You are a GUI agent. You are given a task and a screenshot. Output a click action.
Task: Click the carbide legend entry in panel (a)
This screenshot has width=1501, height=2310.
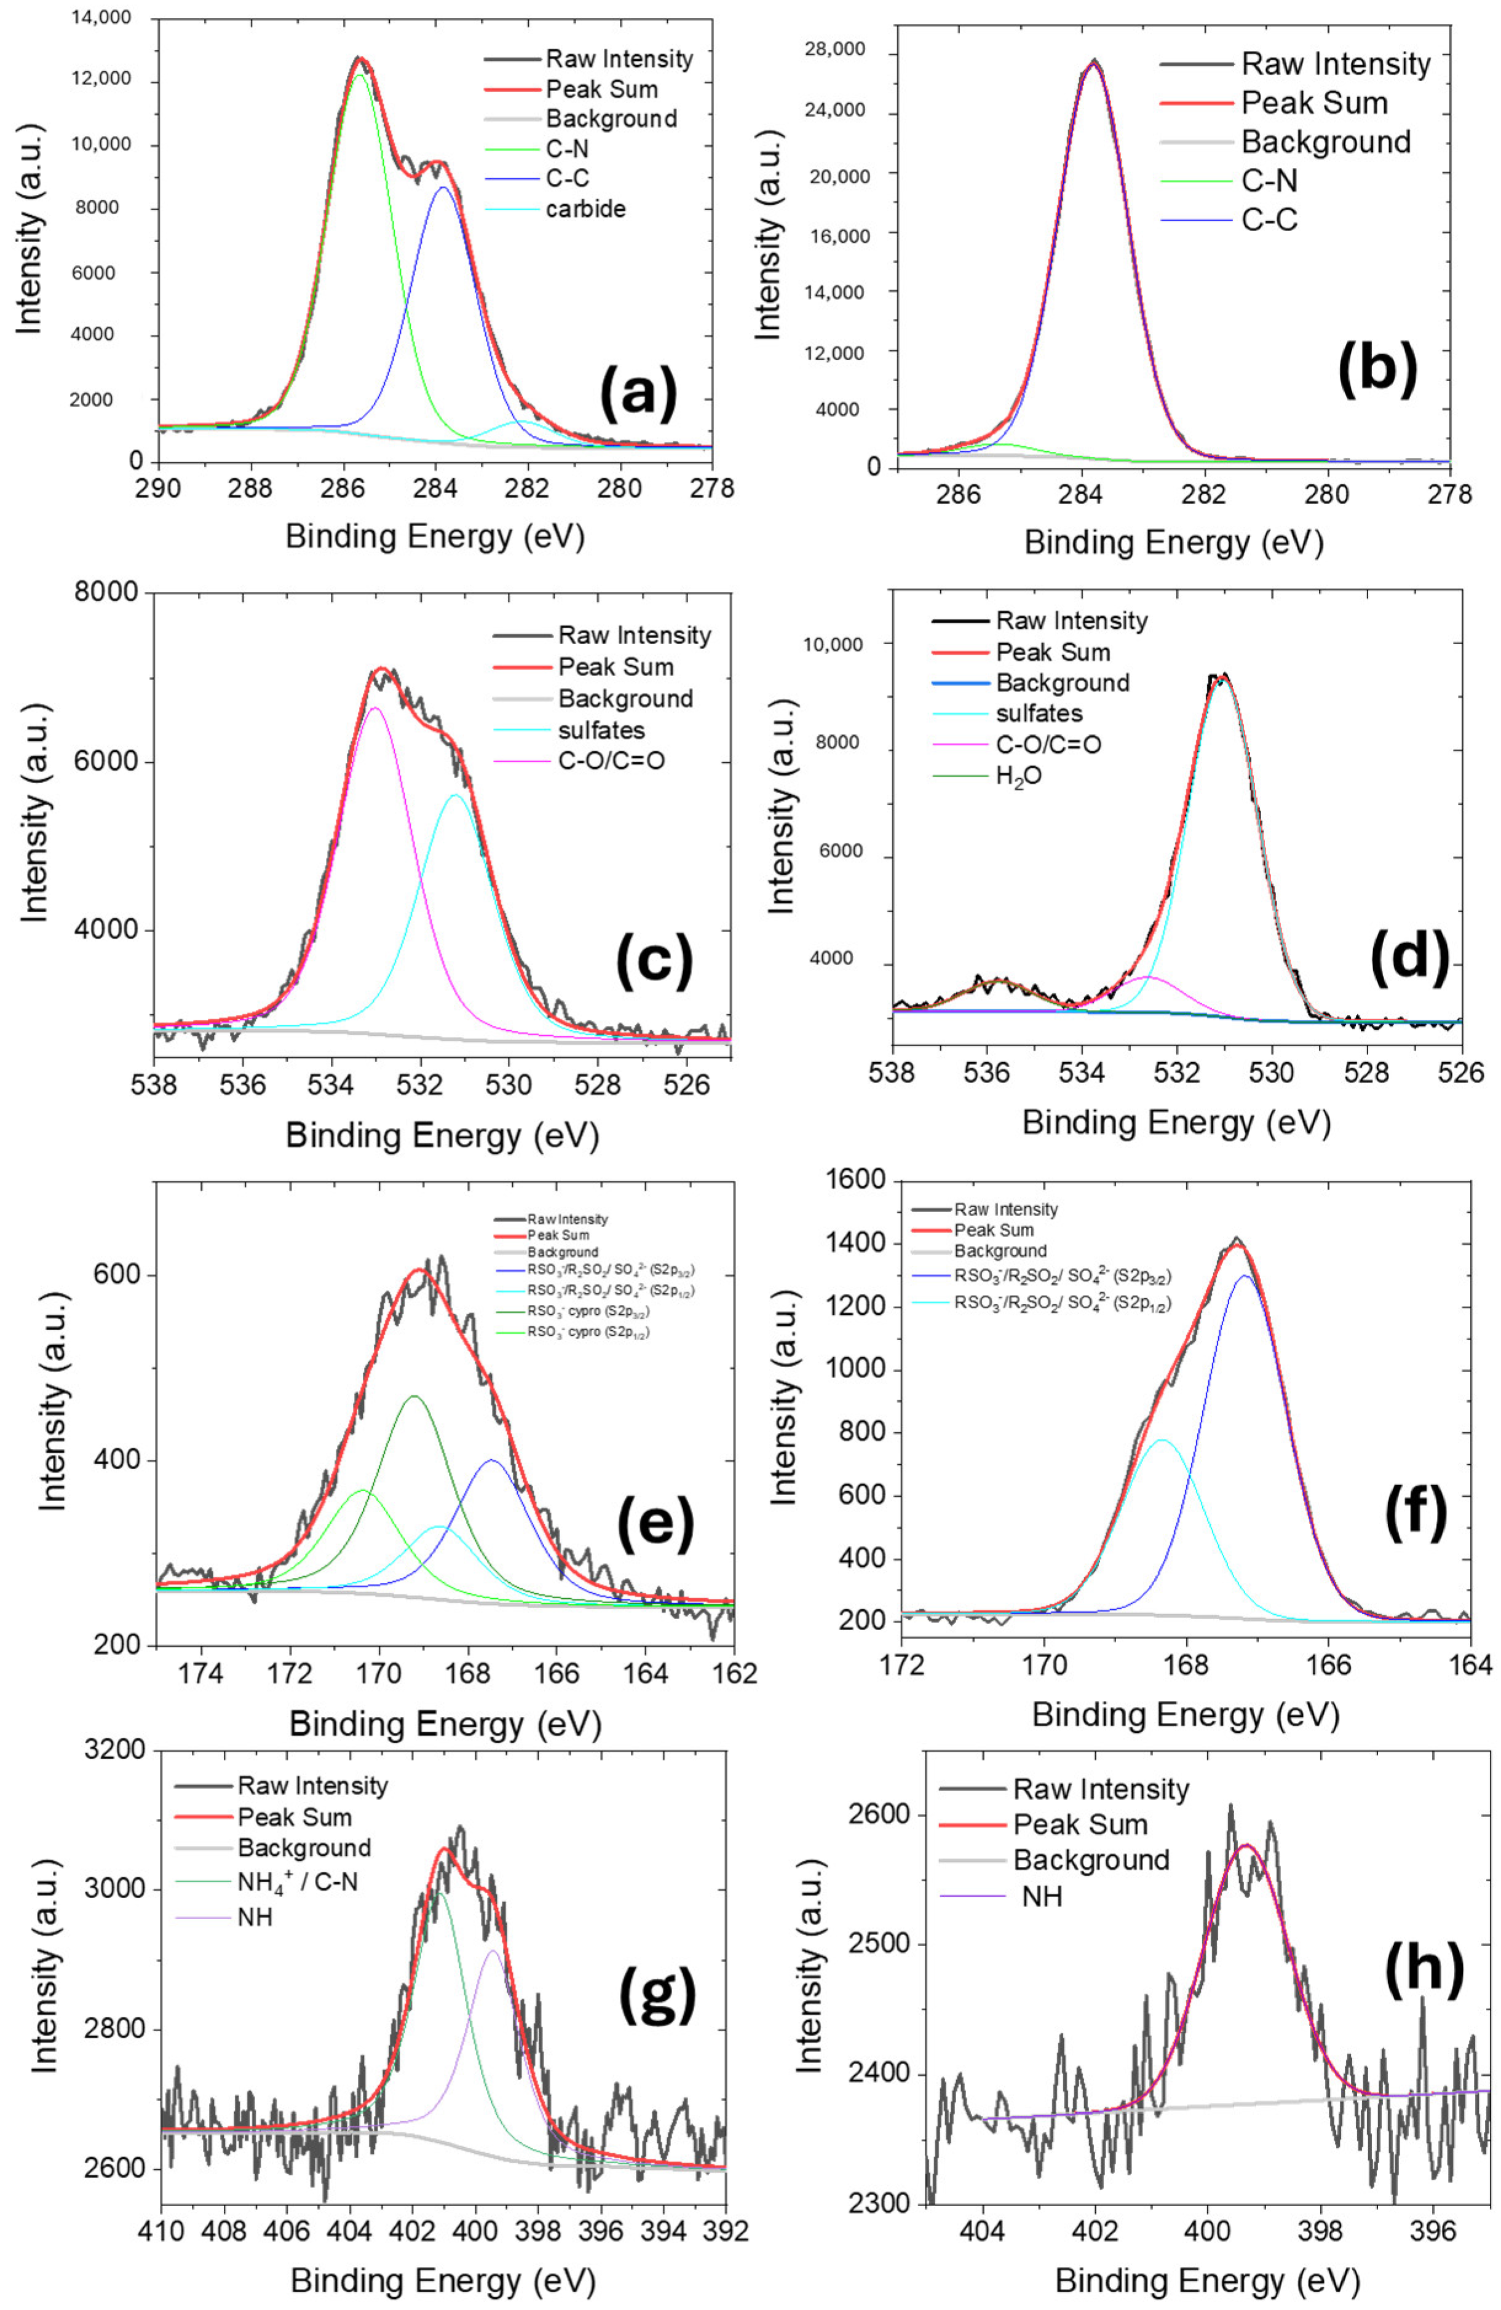(x=585, y=208)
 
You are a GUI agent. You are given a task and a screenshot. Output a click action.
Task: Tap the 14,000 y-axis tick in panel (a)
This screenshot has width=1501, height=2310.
(x=101, y=17)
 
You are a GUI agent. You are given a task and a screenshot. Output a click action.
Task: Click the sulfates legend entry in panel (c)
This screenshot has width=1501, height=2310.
(x=601, y=730)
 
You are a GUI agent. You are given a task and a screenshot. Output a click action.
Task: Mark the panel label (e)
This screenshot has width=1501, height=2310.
(x=656, y=1523)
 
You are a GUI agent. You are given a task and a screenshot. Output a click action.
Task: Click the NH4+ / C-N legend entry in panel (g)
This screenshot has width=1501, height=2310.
(x=297, y=1881)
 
